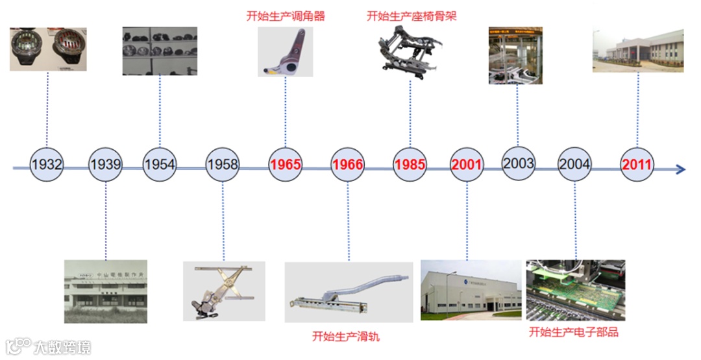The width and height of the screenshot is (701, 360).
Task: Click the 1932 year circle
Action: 46,165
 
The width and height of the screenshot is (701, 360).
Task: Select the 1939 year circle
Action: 105,165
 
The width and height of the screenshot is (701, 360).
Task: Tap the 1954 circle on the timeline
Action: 159,165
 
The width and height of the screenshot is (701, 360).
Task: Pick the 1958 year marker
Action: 223,165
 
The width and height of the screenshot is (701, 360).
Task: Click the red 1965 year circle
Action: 286,165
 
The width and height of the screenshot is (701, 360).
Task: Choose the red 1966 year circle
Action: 347,165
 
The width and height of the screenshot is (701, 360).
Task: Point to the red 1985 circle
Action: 410,165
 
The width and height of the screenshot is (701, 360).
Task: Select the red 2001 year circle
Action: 467,165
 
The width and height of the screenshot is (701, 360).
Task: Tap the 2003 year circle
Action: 519,163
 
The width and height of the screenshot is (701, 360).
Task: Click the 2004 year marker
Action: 574,165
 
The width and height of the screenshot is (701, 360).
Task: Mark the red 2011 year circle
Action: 637,165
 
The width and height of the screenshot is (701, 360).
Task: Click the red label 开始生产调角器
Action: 286,16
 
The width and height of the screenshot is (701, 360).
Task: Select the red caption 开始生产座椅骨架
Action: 412,16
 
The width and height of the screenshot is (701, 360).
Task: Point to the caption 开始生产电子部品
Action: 574,332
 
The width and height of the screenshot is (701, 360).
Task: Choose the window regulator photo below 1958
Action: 223,291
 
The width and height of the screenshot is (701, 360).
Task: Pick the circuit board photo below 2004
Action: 575,290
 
